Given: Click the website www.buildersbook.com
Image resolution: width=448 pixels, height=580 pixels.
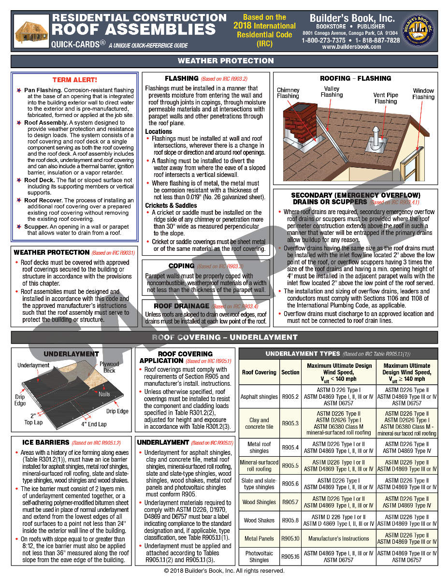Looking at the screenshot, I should pyautogui.click(x=351, y=47).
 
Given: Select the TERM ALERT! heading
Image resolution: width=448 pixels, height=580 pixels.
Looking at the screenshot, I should pyautogui.click(x=74, y=80).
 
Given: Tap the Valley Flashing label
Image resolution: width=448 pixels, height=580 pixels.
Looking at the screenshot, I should pyautogui.click(x=332, y=92).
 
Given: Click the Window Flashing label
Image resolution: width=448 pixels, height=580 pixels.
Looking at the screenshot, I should pyautogui.click(x=423, y=94).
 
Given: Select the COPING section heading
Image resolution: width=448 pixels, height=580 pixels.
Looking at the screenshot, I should pyautogui.click(x=181, y=266).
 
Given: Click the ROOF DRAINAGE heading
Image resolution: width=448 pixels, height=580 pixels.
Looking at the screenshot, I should pyautogui.click(x=181, y=306).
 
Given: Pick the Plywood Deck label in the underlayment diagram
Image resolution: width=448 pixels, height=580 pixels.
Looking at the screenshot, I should pyautogui.click(x=109, y=367).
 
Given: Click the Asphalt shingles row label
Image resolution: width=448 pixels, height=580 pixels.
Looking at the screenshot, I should pyautogui.click(x=259, y=397).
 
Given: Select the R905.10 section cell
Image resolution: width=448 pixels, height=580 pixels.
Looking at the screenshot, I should pyautogui.click(x=290, y=538).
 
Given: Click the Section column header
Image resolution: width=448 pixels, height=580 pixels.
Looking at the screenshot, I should pyautogui.click(x=290, y=372).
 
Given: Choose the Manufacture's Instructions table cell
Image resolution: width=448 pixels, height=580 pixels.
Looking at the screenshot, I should pyautogui.click(x=338, y=538).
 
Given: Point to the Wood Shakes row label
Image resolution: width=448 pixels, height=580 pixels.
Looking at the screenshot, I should pyautogui.click(x=259, y=521).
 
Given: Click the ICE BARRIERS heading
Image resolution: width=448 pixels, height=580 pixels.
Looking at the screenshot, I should pyautogui.click(x=45, y=442).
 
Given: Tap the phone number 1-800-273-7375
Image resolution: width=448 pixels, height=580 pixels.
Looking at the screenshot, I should pyautogui.click(x=323, y=40).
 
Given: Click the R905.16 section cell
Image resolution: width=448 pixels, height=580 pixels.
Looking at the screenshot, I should pyautogui.click(x=290, y=557).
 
